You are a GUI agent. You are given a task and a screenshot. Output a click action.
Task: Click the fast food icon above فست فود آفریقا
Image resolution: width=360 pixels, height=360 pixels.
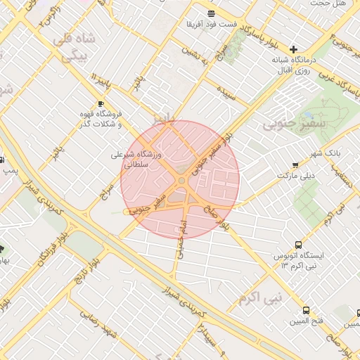point(211,13)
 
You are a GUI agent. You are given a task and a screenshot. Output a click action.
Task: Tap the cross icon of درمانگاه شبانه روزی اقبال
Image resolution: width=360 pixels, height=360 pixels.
point(293,49)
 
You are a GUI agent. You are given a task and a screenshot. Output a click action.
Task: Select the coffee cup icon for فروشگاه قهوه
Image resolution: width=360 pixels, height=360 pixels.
point(100,103)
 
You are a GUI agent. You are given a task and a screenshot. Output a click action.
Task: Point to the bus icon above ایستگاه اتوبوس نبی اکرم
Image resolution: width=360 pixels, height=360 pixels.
point(299,245)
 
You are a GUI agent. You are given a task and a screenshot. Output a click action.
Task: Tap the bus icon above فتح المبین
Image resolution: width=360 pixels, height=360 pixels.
point(306,310)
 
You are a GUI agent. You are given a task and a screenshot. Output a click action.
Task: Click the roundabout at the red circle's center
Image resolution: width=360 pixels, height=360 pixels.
point(181,181)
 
